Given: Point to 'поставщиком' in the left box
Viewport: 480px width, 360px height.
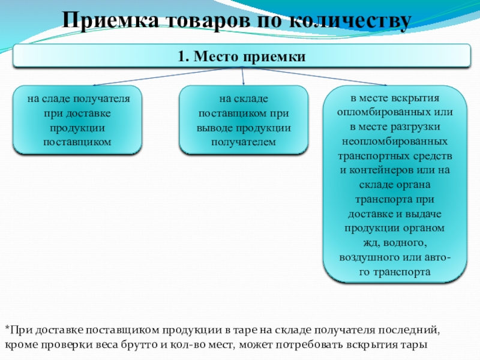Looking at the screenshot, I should pos(77,142).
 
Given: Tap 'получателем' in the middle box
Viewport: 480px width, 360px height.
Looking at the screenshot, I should pos(244,142).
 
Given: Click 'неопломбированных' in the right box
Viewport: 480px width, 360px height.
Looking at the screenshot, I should pos(395,142).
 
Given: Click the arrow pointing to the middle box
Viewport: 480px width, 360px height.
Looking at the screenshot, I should pos(242,81).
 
